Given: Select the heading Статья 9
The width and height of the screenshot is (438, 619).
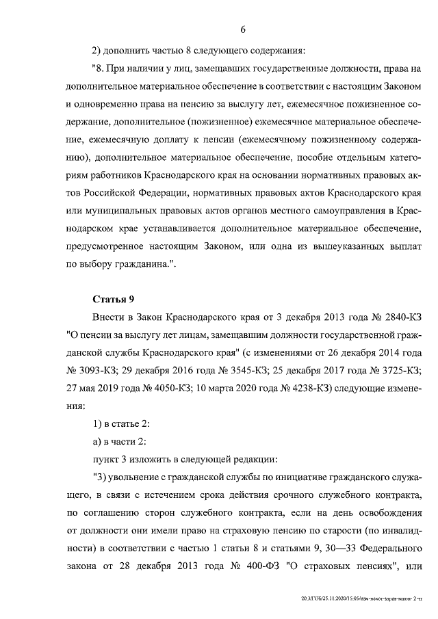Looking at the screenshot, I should click(114, 298).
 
